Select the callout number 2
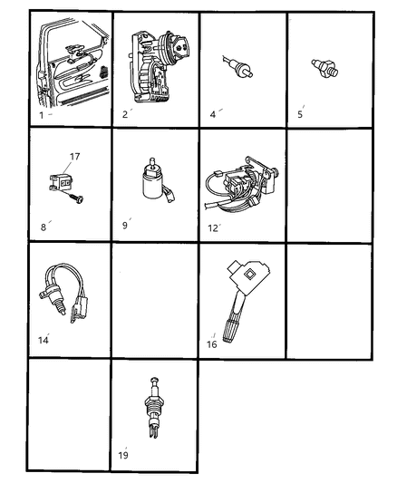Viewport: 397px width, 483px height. click(x=125, y=114)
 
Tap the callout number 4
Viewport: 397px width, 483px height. click(x=213, y=114)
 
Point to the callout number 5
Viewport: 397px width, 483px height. click(x=300, y=114)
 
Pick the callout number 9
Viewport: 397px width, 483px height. click(x=125, y=225)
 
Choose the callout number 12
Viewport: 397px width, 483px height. click(x=213, y=227)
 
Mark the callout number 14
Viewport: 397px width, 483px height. click(x=42, y=340)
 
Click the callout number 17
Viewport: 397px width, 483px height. click(x=74, y=157)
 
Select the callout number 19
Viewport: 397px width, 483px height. click(x=124, y=453)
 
